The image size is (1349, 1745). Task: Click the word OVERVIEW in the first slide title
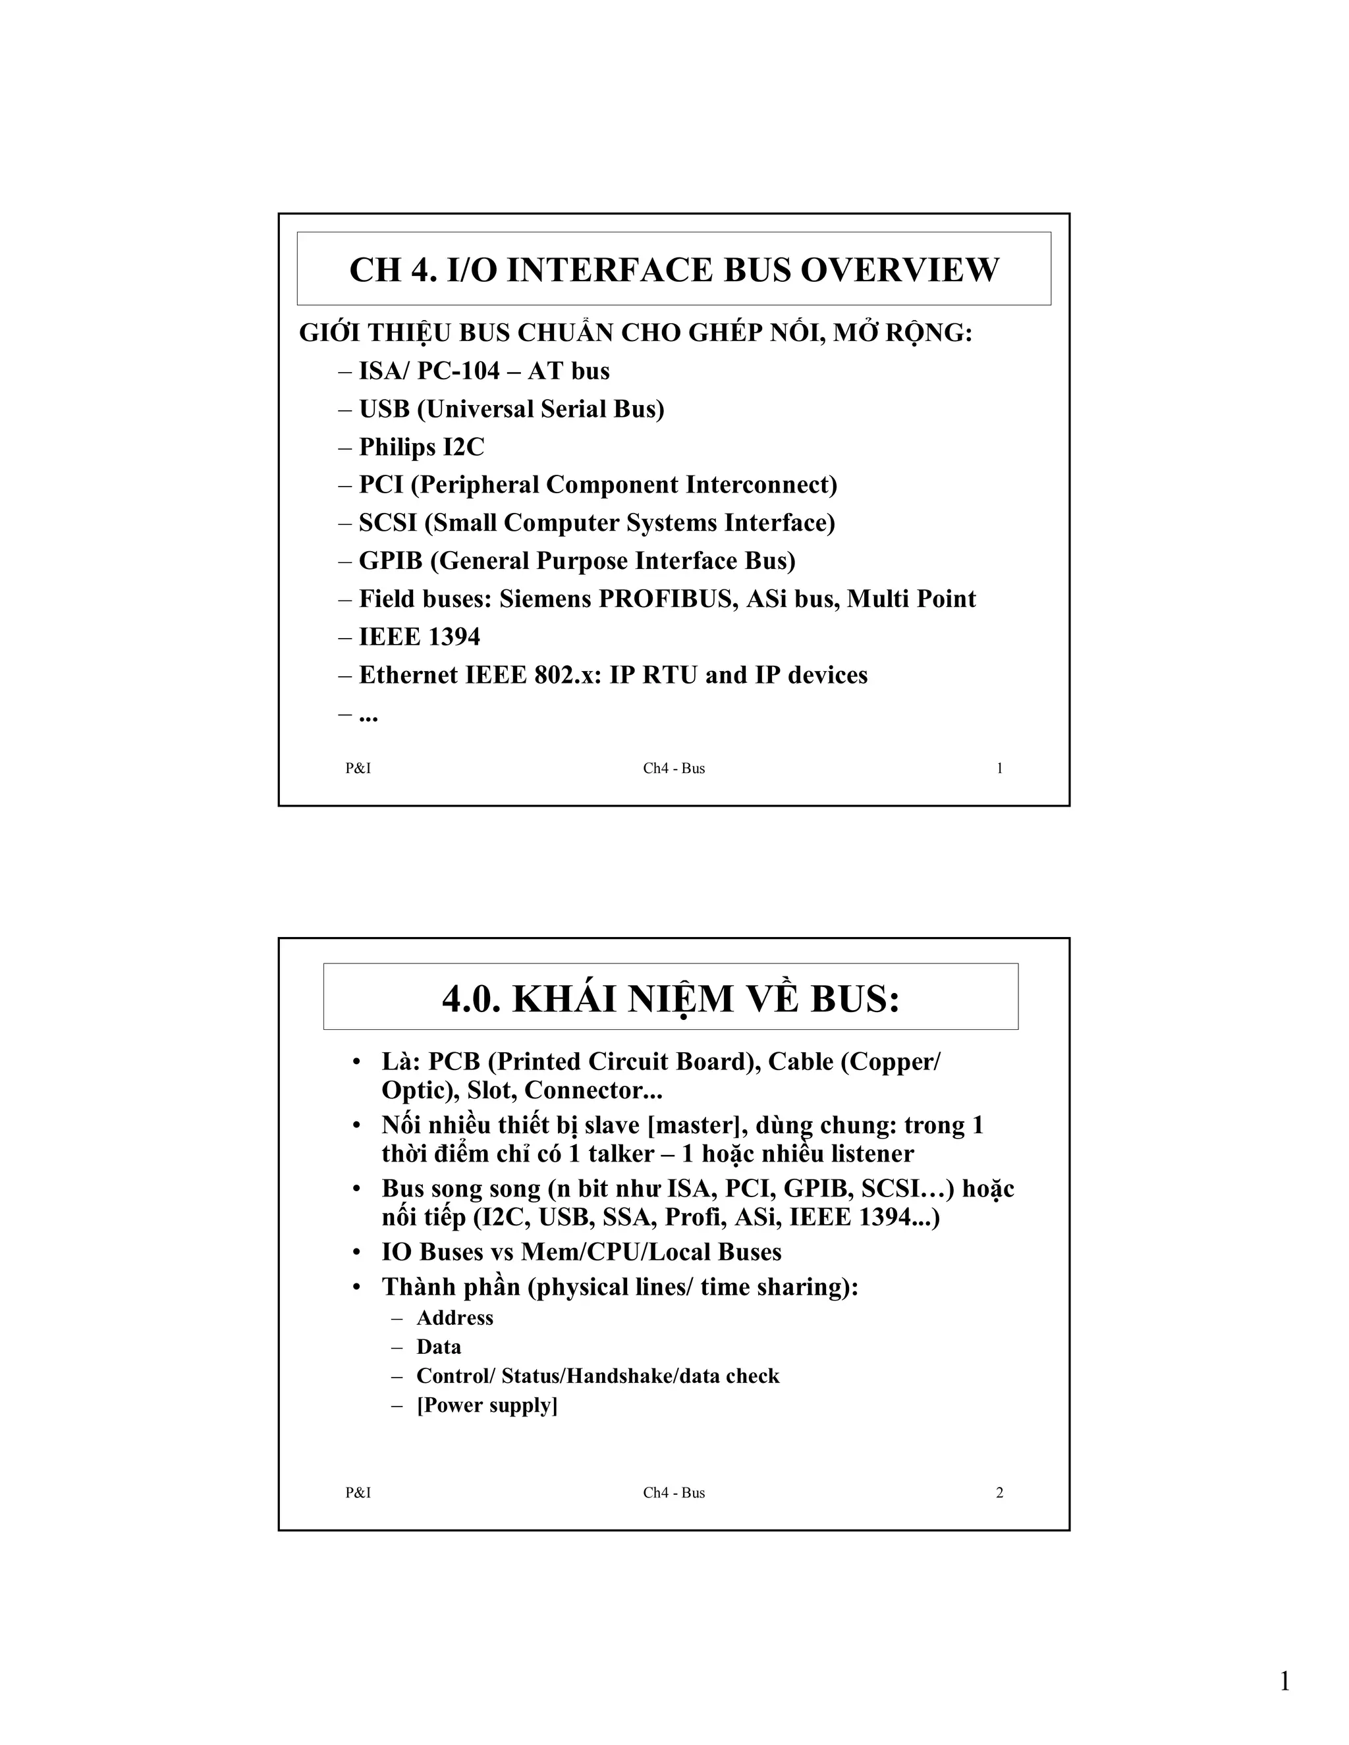899,270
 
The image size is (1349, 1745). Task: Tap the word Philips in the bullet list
397,446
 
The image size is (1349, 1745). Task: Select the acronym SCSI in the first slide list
387,523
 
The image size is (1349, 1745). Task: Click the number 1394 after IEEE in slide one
454,637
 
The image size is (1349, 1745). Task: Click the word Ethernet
402,675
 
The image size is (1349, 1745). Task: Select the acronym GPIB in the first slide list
390,561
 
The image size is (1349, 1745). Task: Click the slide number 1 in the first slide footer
999,768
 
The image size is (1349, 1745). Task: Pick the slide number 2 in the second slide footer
999,1493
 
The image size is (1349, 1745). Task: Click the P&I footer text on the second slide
358,1493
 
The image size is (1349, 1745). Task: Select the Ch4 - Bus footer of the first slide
674,768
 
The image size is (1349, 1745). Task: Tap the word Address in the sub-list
454,1318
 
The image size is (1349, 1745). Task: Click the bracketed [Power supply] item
487,1405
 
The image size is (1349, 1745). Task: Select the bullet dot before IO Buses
357,1252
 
